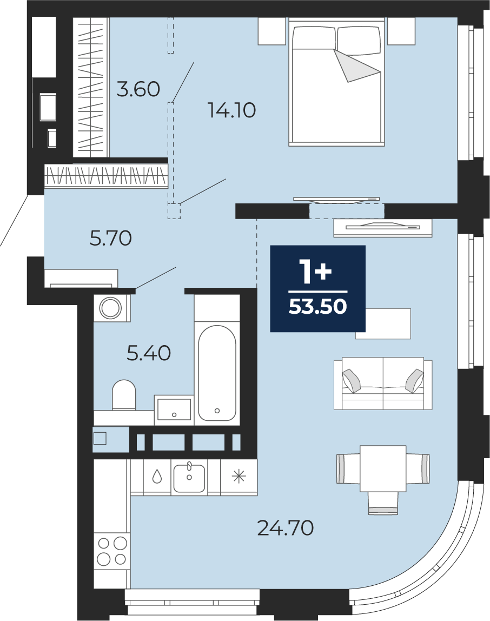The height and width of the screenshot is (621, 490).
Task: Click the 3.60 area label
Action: (138, 89)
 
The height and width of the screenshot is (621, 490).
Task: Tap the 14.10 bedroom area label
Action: (232, 110)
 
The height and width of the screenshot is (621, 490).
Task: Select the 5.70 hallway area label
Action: (110, 238)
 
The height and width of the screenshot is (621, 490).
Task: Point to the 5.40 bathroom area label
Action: (149, 353)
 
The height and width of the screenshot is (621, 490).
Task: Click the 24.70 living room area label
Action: (286, 527)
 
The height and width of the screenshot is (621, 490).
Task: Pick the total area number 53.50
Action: (317, 306)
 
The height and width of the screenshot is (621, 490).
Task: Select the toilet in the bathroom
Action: (124, 395)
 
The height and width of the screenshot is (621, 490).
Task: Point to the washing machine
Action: (110, 308)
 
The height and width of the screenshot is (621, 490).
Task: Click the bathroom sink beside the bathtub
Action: (174, 409)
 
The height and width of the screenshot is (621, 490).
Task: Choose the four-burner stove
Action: (112, 551)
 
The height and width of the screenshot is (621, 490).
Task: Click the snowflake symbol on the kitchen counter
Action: (239, 477)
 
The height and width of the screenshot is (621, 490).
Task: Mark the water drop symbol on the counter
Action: (157, 477)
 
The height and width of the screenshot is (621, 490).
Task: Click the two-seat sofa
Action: (383, 384)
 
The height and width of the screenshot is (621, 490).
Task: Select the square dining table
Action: (383, 468)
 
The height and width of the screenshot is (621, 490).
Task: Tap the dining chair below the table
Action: (383, 503)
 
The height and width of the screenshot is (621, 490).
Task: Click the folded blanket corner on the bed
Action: (356, 66)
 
